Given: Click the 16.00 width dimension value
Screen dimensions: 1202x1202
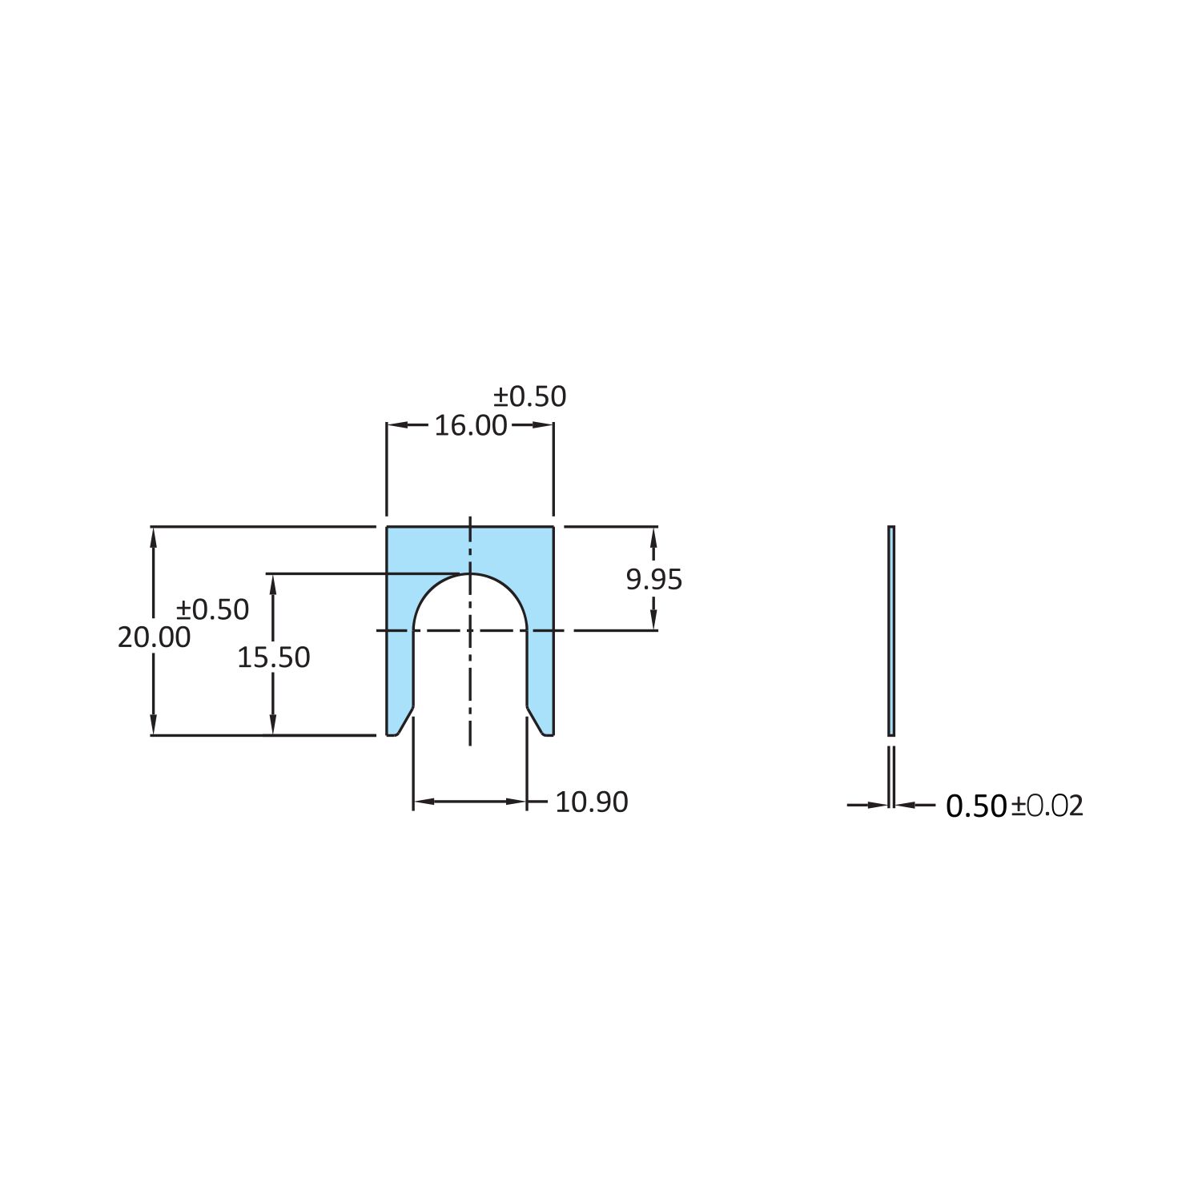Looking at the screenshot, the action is (471, 425).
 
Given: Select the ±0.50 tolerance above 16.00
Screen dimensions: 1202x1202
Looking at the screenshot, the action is (529, 396).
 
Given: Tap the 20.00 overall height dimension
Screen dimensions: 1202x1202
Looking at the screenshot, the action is (154, 637).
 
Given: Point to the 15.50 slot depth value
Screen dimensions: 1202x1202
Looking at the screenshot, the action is (273, 657).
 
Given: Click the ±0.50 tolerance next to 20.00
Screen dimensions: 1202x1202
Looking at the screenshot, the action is (212, 609).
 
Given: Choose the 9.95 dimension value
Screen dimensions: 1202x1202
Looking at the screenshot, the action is (654, 579).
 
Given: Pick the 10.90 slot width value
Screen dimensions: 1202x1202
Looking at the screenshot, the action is (592, 802).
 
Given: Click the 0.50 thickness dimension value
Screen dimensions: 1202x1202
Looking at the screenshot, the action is (976, 806).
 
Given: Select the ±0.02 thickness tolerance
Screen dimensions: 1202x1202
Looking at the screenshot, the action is (1047, 806).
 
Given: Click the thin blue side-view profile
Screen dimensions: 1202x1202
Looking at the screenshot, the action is (891, 631).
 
